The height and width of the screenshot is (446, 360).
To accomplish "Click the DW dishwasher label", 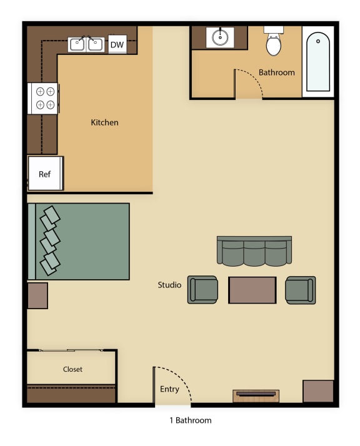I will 117,44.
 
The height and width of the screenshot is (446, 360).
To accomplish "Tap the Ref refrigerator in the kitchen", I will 45,174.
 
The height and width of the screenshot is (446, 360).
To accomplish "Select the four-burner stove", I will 44,98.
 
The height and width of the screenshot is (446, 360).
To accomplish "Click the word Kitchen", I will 104,122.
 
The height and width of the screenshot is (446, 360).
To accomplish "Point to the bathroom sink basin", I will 220,37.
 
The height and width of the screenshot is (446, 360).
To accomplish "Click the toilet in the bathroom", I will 274,43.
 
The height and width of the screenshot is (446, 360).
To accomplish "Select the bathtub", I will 317,62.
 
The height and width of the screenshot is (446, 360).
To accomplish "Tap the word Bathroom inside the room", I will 276,72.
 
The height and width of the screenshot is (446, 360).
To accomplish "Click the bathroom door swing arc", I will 252,80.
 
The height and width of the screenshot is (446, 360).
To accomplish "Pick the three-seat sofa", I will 254,251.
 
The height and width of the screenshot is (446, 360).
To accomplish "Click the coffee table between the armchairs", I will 252,290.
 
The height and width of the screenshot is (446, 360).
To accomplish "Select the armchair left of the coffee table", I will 203,290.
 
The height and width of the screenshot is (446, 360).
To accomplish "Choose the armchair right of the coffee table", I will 300,290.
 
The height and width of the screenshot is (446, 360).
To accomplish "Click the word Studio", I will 169,285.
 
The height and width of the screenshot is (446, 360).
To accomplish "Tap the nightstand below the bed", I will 37,295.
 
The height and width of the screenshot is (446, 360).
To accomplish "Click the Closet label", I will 72,369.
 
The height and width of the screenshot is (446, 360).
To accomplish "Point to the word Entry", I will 169,389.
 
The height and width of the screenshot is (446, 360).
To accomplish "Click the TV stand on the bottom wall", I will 256,395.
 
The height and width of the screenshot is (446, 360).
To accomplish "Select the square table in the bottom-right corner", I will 318,391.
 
